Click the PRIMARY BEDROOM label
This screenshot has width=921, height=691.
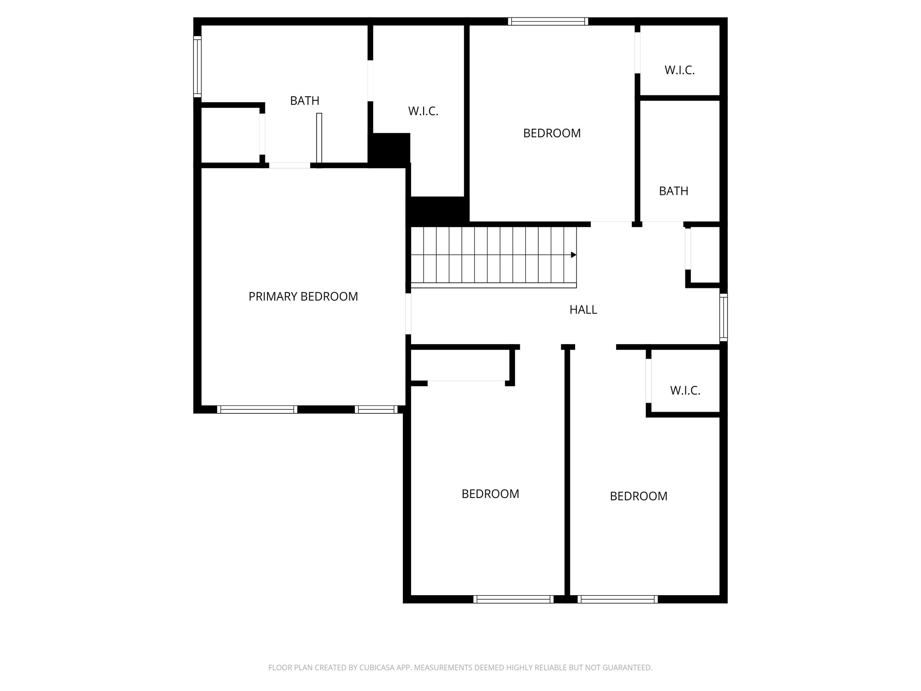(x=303, y=296)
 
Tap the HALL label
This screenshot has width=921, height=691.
(x=583, y=310)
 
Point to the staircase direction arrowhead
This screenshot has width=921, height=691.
(x=573, y=255)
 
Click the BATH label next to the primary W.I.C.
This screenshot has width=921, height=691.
(x=304, y=101)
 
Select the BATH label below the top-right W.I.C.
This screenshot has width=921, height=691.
(x=673, y=191)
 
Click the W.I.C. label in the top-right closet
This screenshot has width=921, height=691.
(x=680, y=70)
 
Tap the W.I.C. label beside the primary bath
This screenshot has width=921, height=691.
(x=423, y=111)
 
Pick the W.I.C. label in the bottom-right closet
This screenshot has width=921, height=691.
(x=685, y=390)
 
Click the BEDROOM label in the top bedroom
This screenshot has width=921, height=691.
(x=552, y=133)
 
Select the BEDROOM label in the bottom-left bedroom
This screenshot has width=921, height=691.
(x=490, y=494)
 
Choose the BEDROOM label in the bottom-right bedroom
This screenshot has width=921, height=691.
(x=638, y=496)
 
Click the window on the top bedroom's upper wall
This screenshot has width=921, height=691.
(x=548, y=21)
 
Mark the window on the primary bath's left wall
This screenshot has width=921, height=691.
(x=197, y=67)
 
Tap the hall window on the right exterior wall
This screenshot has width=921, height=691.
(x=723, y=317)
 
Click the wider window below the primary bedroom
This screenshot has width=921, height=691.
(x=257, y=409)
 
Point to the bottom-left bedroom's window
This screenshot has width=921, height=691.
(x=513, y=599)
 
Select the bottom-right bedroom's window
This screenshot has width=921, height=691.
(x=617, y=599)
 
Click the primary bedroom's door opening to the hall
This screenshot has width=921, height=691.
(x=408, y=314)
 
